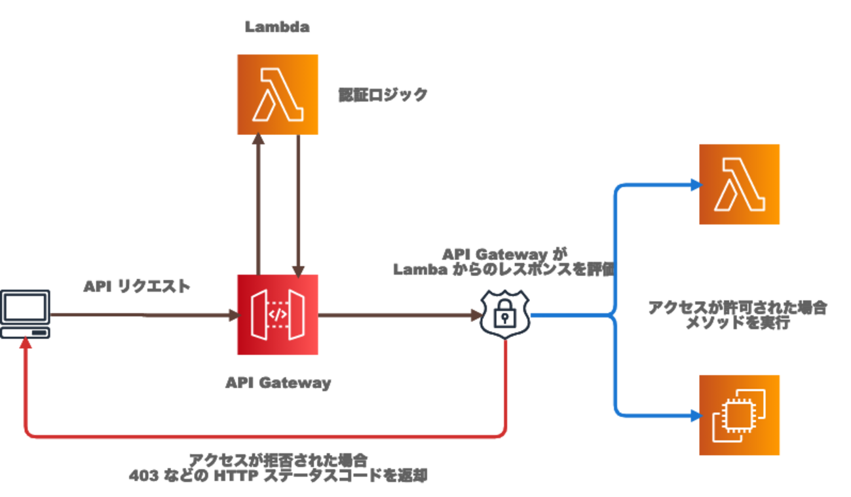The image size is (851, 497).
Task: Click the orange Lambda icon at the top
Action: point(277,94)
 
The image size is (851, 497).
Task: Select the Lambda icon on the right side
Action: point(740,184)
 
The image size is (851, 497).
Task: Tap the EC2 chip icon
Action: point(740,415)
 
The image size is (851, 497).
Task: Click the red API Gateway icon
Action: point(277,315)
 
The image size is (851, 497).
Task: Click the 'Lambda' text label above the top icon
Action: point(277,27)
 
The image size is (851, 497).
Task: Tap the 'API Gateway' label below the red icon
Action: point(277,383)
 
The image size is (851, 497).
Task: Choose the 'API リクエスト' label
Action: point(137,287)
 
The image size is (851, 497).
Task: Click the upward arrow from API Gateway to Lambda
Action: point(259,203)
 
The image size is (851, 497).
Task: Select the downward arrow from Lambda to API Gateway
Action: point(298,203)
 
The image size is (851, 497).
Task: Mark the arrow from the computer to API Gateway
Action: point(144,315)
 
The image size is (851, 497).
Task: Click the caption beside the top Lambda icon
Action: point(382,95)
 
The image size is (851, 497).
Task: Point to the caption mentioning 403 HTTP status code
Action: point(277,467)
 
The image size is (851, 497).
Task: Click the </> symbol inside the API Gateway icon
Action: point(277,314)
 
